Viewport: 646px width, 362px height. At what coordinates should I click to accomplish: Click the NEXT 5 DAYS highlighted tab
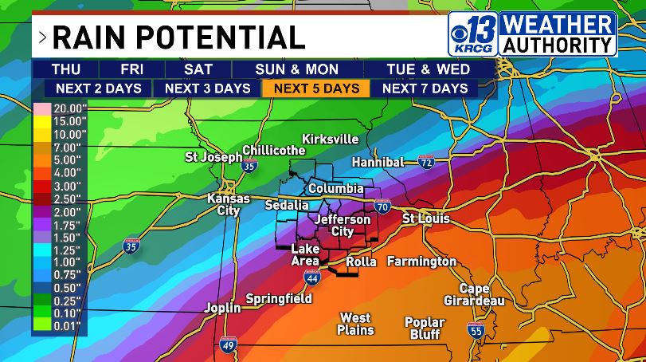click(316, 89)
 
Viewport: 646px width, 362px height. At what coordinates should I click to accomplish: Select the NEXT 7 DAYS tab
click(425, 89)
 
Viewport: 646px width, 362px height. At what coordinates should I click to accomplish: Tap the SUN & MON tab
click(297, 69)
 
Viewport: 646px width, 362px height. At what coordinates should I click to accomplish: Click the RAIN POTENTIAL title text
click(178, 37)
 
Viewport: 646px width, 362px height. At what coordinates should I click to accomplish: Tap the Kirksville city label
click(331, 140)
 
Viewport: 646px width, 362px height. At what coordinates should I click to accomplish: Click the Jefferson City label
click(343, 225)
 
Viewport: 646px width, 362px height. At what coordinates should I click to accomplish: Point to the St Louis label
click(425, 218)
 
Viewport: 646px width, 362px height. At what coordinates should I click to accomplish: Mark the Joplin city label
click(221, 307)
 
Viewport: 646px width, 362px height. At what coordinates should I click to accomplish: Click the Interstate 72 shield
click(426, 162)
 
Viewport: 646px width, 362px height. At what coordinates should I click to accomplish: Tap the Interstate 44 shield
click(312, 277)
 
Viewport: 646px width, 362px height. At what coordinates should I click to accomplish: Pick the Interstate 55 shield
click(476, 330)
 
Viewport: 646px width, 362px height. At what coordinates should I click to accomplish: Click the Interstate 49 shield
click(228, 344)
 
